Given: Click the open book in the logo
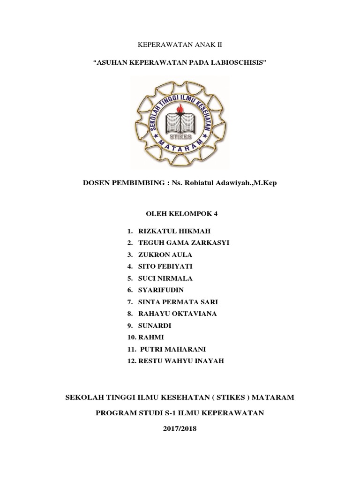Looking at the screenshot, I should click(180, 121).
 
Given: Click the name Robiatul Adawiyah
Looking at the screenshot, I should click(216, 183).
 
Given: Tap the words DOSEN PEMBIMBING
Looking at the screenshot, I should click(120, 183).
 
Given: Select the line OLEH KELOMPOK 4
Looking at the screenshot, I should click(180, 214).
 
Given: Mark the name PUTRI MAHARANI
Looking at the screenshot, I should click(173, 349).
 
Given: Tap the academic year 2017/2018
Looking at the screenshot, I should click(180, 428).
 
